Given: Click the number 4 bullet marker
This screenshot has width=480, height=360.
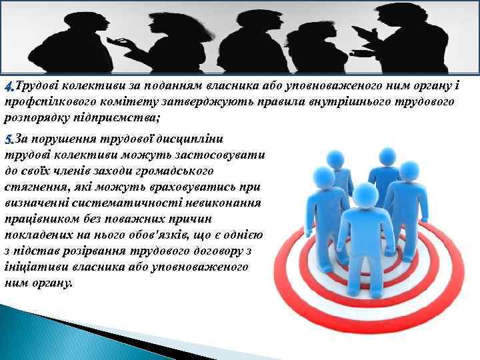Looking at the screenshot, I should pos(9,87).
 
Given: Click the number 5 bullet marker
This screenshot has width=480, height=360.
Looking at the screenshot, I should pos(9,139).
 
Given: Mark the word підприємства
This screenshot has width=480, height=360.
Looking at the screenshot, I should pos(115,117).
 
